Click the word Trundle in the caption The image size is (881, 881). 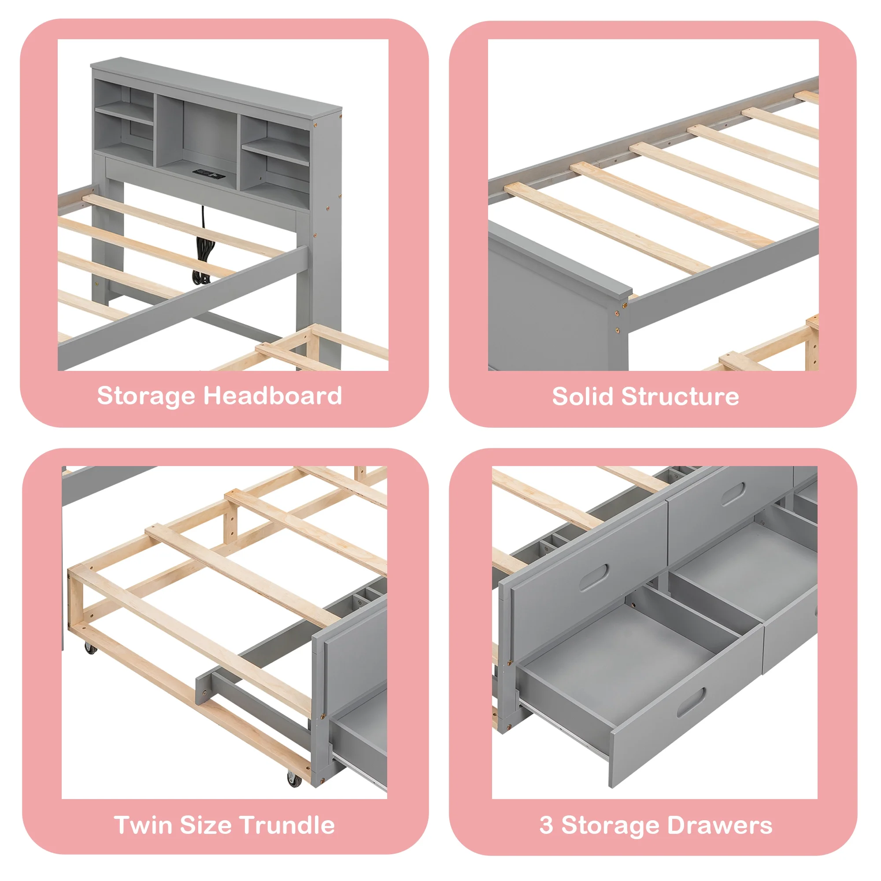(x=287, y=825)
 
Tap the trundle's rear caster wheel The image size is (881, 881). (x=90, y=648)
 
